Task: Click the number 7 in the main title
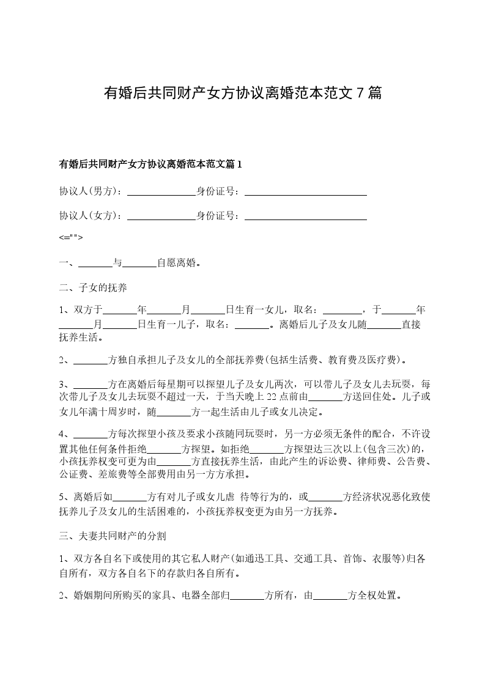(x=360, y=93)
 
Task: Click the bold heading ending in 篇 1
(x=150, y=164)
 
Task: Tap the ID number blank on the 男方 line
(x=305, y=191)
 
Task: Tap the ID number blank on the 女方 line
(x=305, y=215)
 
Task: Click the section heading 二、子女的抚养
(x=93, y=287)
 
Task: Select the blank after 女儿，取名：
(x=342, y=309)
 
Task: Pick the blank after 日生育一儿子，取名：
(x=253, y=325)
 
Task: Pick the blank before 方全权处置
(x=330, y=595)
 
